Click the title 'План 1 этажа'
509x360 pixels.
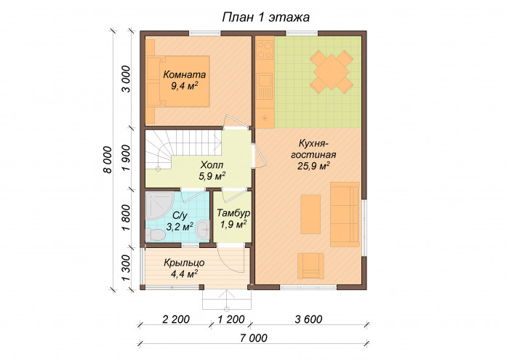(x=265, y=17)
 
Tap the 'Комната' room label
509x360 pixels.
(x=185, y=75)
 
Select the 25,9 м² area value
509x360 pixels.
(x=313, y=166)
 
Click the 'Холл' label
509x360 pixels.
(x=212, y=165)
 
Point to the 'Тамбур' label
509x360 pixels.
(x=233, y=213)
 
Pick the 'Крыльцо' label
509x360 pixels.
(x=184, y=263)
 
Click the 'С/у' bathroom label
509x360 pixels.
(x=180, y=215)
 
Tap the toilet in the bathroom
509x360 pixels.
(x=154, y=235)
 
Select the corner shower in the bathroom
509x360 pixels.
(x=159, y=206)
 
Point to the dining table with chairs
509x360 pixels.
(x=332, y=70)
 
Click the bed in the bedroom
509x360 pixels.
(x=178, y=81)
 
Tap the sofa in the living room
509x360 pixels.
(x=345, y=215)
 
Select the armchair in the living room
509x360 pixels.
(x=310, y=266)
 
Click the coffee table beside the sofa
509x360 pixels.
(x=310, y=214)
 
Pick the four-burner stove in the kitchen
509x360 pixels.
(x=265, y=49)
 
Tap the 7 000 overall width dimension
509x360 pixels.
(x=254, y=338)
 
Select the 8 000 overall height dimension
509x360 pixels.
(x=108, y=159)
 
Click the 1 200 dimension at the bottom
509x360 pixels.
(x=231, y=319)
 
